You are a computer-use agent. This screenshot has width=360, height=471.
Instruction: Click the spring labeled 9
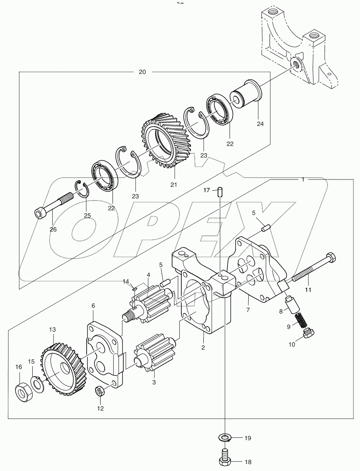[299, 320]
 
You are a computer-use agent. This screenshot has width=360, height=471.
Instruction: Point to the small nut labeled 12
[100, 392]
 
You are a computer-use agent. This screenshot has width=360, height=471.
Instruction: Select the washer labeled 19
[224, 437]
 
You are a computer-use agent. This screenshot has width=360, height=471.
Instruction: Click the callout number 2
[203, 347]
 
